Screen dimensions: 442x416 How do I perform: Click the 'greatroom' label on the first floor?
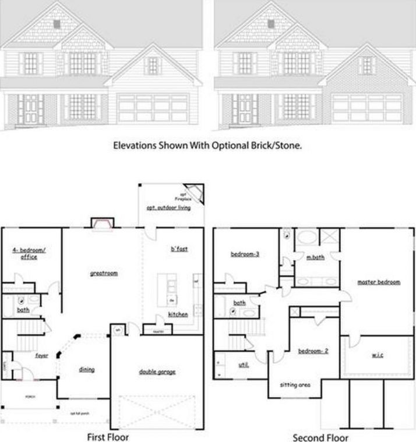(x=104, y=272)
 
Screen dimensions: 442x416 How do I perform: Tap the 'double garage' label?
(x=157, y=371)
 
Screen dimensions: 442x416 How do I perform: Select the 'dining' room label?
(x=87, y=369)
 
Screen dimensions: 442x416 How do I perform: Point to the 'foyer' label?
(x=41, y=355)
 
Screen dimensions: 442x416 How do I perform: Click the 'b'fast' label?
(x=179, y=249)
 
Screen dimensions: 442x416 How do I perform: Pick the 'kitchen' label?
(x=178, y=314)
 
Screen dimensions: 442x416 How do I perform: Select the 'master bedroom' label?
(x=379, y=282)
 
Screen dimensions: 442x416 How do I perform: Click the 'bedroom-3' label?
(x=244, y=254)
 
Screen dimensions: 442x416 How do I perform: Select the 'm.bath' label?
(x=315, y=257)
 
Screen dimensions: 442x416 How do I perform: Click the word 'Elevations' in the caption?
(x=134, y=147)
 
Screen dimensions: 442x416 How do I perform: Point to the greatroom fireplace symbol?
(x=101, y=224)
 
